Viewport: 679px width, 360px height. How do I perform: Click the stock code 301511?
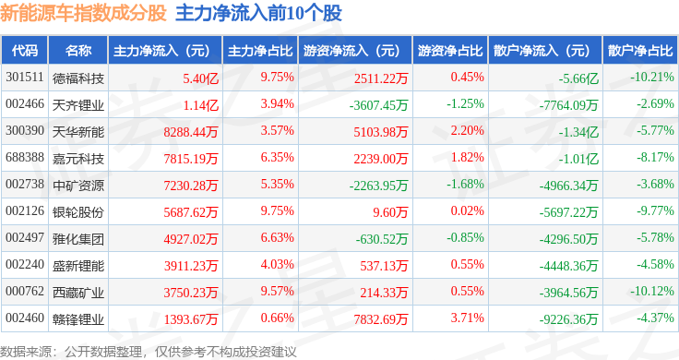pos(25,78)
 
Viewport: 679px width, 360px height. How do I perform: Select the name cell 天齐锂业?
pos(78,105)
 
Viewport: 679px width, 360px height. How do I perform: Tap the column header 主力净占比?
pos(260,51)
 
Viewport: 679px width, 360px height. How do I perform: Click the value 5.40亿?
pos(200,78)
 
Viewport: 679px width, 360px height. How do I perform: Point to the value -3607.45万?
pos(378,105)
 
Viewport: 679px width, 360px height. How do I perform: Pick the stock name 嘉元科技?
pos(78,159)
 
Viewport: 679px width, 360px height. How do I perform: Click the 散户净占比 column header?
pos(640,51)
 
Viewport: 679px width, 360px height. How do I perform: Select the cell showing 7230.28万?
pos(191,186)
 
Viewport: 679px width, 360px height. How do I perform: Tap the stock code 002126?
pos(25,211)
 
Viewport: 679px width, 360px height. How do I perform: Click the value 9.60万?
pos(390,212)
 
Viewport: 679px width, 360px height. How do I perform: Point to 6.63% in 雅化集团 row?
pos(277,238)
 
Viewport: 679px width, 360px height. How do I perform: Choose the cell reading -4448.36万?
pos(568,266)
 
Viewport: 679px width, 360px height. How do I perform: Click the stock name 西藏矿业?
pos(78,293)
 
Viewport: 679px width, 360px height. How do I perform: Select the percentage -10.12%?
pos(651,291)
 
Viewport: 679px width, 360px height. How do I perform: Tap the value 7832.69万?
pos(381,319)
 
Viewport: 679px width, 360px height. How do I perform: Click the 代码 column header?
pos(25,51)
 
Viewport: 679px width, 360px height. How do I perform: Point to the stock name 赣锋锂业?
pos(78,319)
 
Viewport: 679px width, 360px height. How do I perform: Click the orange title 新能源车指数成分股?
pos(83,13)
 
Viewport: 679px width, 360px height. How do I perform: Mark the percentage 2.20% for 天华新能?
pos(467,131)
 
